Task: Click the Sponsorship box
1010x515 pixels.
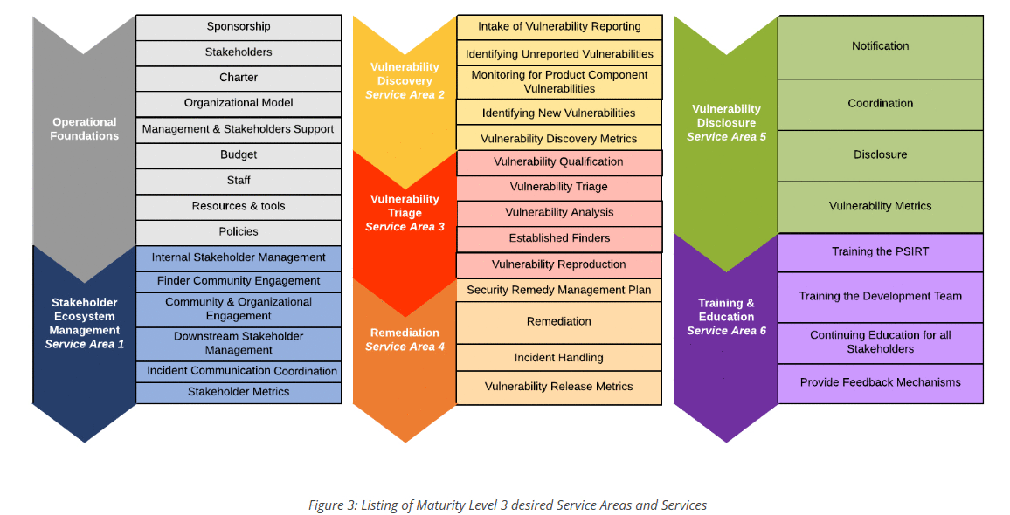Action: pyautogui.click(x=239, y=27)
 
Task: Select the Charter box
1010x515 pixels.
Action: pyautogui.click(x=239, y=78)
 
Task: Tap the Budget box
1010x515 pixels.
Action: pyautogui.click(x=239, y=155)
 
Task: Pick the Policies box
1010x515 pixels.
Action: pyautogui.click(x=239, y=232)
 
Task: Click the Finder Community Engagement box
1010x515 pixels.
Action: pyautogui.click(x=239, y=281)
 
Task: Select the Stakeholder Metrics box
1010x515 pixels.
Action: pyautogui.click(x=239, y=392)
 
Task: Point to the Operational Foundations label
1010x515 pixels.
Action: pyautogui.click(x=84, y=129)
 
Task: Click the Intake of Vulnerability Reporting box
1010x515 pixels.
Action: pyautogui.click(x=559, y=27)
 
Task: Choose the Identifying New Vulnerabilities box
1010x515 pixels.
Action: pyautogui.click(x=559, y=113)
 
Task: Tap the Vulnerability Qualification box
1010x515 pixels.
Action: pyautogui.click(x=559, y=162)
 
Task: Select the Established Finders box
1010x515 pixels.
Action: pyautogui.click(x=559, y=238)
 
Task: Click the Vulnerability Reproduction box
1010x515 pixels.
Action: pyautogui.click(x=559, y=264)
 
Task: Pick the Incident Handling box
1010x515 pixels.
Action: pyautogui.click(x=559, y=358)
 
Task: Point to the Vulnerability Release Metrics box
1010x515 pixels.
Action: pyautogui.click(x=559, y=387)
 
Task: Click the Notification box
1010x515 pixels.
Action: pyautogui.click(x=880, y=46)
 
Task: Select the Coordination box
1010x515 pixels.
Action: pyautogui.click(x=880, y=104)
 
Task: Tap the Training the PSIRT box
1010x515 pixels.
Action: pyautogui.click(x=880, y=252)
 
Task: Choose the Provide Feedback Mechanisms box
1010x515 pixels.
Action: pyautogui.click(x=880, y=383)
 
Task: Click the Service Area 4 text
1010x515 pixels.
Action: pyautogui.click(x=405, y=347)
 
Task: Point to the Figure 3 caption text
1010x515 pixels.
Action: pyautogui.click(x=508, y=505)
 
